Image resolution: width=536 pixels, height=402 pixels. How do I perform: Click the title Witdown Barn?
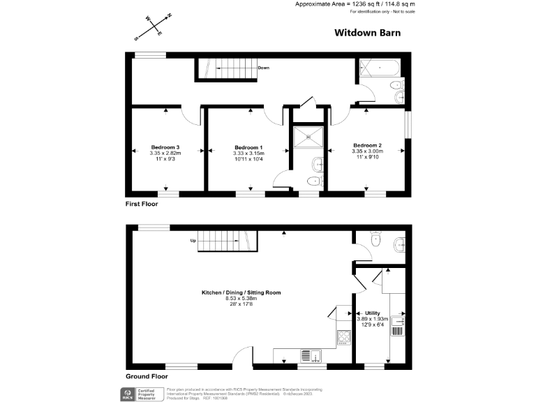pos(366,32)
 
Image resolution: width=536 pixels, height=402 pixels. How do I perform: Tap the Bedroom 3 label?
pos(166,147)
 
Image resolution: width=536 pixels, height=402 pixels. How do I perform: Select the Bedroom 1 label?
pos(248,147)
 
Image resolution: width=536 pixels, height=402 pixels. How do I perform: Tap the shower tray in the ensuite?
pos(307,137)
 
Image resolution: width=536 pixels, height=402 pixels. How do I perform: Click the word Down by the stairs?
pos(263,68)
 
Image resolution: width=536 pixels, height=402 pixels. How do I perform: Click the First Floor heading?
pos(142,204)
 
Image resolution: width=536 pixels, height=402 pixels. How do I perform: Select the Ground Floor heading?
pos(146,376)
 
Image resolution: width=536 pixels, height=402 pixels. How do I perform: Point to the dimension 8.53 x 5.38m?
pos(241,298)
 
